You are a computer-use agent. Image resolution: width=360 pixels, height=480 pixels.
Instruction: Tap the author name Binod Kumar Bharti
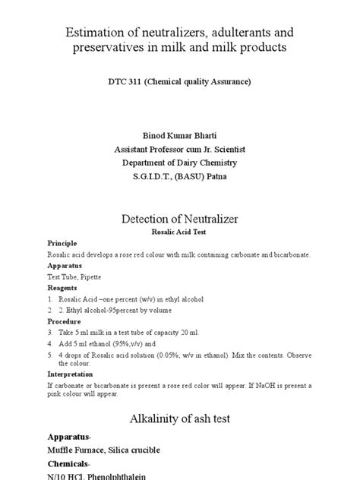click(x=180, y=126)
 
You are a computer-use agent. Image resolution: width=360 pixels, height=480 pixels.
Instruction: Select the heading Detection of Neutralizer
click(x=180, y=218)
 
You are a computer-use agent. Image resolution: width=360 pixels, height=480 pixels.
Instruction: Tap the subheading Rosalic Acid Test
click(x=180, y=232)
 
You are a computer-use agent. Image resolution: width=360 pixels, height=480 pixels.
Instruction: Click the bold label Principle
click(x=62, y=242)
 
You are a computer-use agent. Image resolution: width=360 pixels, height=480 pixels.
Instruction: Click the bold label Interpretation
click(x=71, y=374)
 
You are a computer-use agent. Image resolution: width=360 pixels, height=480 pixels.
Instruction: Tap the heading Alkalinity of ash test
click(x=180, y=418)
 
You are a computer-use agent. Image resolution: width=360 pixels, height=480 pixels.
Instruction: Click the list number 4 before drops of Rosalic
click(x=50, y=353)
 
